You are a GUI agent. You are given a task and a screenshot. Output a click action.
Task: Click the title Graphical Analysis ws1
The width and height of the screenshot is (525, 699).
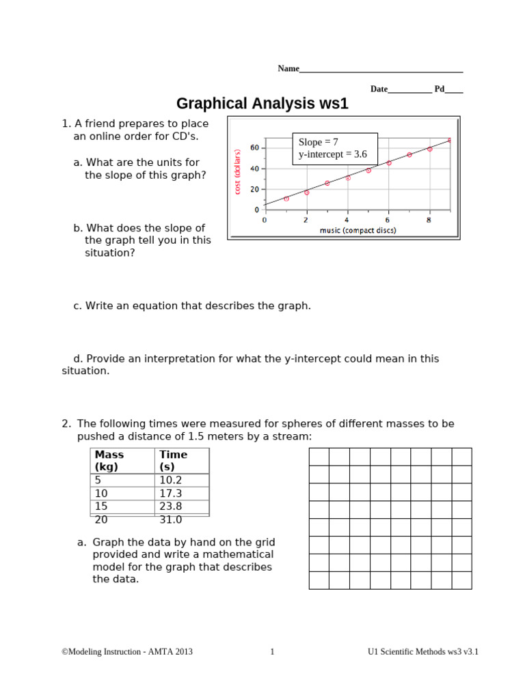262,104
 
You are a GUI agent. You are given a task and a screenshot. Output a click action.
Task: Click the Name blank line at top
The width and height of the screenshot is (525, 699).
381,70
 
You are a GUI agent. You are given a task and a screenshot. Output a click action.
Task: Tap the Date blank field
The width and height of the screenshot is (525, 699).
409,91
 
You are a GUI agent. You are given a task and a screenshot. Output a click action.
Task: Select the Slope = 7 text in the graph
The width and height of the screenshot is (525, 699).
319,142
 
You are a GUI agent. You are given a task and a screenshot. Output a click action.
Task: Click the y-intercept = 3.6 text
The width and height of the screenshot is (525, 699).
332,154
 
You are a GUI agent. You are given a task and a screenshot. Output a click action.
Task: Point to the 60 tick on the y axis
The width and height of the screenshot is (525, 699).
254,147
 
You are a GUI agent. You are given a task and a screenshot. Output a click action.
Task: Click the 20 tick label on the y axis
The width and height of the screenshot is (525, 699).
254,189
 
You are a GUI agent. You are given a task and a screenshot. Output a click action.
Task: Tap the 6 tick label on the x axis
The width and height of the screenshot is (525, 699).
388,220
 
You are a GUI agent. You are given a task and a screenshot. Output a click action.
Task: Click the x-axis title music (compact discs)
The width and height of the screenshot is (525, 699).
358,231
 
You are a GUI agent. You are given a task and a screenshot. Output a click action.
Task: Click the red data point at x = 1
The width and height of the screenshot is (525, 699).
286,199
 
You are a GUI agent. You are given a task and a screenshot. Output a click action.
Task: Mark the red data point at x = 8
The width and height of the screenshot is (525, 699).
429,149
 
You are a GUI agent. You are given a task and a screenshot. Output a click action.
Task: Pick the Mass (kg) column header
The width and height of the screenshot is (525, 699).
109,461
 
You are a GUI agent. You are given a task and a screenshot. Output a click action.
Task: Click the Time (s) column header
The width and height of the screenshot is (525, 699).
173,461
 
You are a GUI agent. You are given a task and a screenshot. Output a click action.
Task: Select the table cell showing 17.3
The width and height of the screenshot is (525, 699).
171,493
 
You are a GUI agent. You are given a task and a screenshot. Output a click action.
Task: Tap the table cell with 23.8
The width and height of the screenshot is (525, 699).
171,507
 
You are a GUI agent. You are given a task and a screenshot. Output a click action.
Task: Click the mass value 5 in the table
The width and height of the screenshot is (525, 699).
98,479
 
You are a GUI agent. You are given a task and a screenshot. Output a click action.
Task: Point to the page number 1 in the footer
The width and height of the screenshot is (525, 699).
272,652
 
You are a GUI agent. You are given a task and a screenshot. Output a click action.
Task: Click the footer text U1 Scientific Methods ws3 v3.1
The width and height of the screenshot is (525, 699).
422,652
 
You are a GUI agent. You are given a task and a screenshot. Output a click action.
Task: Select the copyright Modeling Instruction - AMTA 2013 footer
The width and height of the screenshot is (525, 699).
127,652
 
